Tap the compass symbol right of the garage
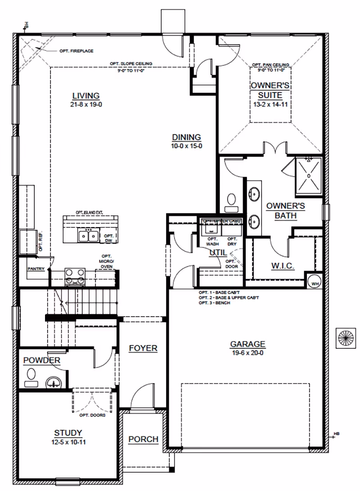click(x=346, y=338)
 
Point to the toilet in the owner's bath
click(x=232, y=201)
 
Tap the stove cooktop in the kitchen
click(x=75, y=276)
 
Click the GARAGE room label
click(x=247, y=344)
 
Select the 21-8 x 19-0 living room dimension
click(x=85, y=104)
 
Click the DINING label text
click(x=186, y=138)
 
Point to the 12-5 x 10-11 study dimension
click(x=68, y=441)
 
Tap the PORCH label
click(x=143, y=439)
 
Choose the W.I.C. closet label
click(x=283, y=266)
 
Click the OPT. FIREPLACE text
click(x=76, y=51)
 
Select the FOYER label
click(x=143, y=348)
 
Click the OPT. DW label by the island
click(x=108, y=238)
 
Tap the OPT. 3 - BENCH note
click(x=214, y=303)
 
